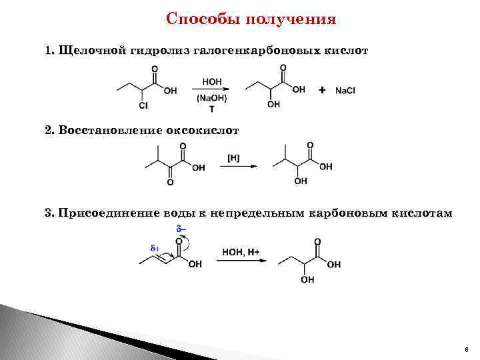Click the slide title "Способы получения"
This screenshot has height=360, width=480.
coord(251,18)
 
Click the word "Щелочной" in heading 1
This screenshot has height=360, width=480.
coord(89,51)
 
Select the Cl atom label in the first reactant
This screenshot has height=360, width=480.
coord(144,105)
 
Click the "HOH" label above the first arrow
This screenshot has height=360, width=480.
coord(212,81)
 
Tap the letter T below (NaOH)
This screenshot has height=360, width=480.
coord(212,109)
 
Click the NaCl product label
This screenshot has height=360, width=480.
coord(345,90)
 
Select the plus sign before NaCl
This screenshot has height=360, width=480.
coord(323,89)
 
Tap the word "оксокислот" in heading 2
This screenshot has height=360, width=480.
coord(203,129)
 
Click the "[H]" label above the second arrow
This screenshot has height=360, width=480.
coord(234,158)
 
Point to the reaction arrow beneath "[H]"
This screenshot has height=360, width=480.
coord(237,168)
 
